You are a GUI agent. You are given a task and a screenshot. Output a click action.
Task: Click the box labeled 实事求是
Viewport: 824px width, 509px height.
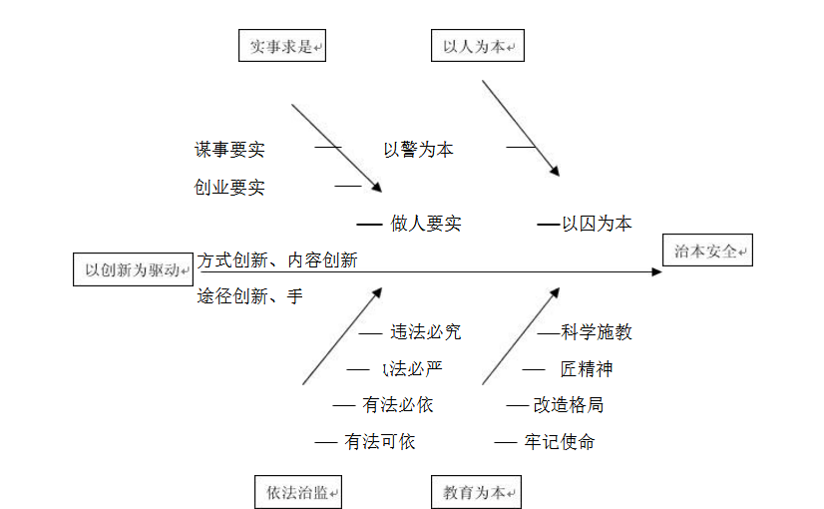coord(282,46)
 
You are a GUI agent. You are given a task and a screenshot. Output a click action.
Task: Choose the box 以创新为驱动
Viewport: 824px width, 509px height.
coord(133,269)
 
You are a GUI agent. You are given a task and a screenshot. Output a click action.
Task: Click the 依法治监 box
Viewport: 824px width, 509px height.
coord(297,492)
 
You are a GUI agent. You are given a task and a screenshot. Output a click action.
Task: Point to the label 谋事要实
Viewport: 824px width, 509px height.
coord(229,150)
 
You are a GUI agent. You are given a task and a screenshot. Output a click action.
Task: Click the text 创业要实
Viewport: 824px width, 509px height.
coord(229,187)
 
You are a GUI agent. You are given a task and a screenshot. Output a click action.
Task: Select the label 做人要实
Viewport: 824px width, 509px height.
coord(426,224)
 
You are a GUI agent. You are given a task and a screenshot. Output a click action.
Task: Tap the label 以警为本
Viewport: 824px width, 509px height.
coord(418,150)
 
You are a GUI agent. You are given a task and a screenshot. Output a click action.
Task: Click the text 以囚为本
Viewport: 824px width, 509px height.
coord(597,224)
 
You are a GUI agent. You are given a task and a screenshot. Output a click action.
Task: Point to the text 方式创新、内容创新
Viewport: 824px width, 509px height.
coord(277,260)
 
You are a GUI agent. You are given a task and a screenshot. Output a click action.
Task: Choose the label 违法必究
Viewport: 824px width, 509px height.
coord(426,332)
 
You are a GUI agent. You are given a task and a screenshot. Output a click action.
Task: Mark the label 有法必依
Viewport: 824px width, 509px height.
coord(398,405)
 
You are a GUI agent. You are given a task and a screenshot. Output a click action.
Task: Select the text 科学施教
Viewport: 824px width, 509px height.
coord(597,332)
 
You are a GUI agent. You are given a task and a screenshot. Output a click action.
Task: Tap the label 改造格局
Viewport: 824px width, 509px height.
coord(569,405)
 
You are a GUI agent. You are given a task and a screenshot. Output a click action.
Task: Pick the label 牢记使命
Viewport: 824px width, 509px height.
coord(560,441)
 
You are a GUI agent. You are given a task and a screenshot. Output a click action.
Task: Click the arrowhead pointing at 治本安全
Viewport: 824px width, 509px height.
coord(656,270)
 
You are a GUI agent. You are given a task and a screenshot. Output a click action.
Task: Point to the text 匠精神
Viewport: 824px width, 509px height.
coord(587,369)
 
